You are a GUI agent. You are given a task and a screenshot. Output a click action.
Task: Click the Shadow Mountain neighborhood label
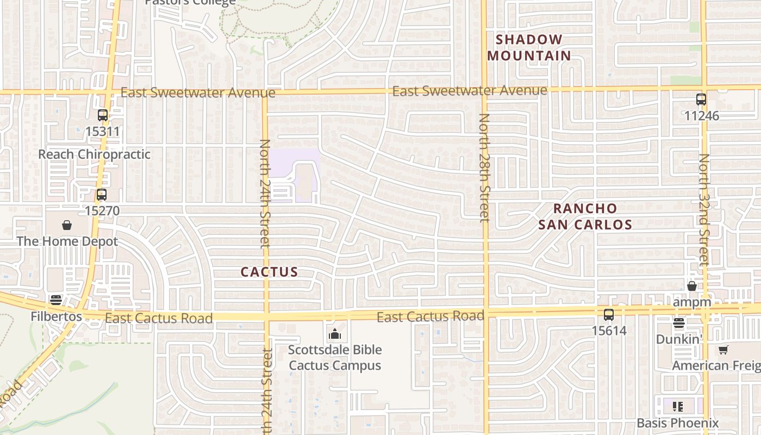(529, 47)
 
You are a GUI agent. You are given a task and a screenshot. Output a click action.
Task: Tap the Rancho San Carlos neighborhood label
(585, 216)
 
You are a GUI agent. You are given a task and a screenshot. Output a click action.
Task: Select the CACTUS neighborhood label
(269, 272)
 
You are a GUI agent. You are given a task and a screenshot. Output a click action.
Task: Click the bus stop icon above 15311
(103, 115)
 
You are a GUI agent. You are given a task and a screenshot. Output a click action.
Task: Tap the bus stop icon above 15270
(102, 195)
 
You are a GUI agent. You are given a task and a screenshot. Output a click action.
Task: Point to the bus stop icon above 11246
(701, 100)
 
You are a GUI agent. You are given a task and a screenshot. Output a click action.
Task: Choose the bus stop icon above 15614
(609, 314)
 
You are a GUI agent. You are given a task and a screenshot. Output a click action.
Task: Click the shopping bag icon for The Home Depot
(67, 225)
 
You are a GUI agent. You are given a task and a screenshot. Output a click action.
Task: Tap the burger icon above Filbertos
(56, 300)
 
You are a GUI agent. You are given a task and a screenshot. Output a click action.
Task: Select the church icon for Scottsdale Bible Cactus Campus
(335, 333)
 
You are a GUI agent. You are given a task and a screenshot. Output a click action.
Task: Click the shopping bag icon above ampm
(692, 286)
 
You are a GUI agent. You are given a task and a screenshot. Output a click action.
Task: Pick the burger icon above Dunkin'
(678, 324)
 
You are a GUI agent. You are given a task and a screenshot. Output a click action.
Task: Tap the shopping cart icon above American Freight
(723, 350)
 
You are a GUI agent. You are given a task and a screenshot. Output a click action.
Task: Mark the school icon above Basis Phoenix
(677, 406)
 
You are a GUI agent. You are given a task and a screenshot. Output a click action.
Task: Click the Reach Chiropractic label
(94, 154)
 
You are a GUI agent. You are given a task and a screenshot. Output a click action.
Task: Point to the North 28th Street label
(484, 167)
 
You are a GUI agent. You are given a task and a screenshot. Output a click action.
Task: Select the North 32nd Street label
(704, 209)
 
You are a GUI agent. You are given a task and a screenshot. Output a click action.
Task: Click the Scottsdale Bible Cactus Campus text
(335, 357)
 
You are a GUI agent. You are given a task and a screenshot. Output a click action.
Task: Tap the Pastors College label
(190, 2)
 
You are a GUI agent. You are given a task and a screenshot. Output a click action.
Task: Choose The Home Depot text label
(67, 241)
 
